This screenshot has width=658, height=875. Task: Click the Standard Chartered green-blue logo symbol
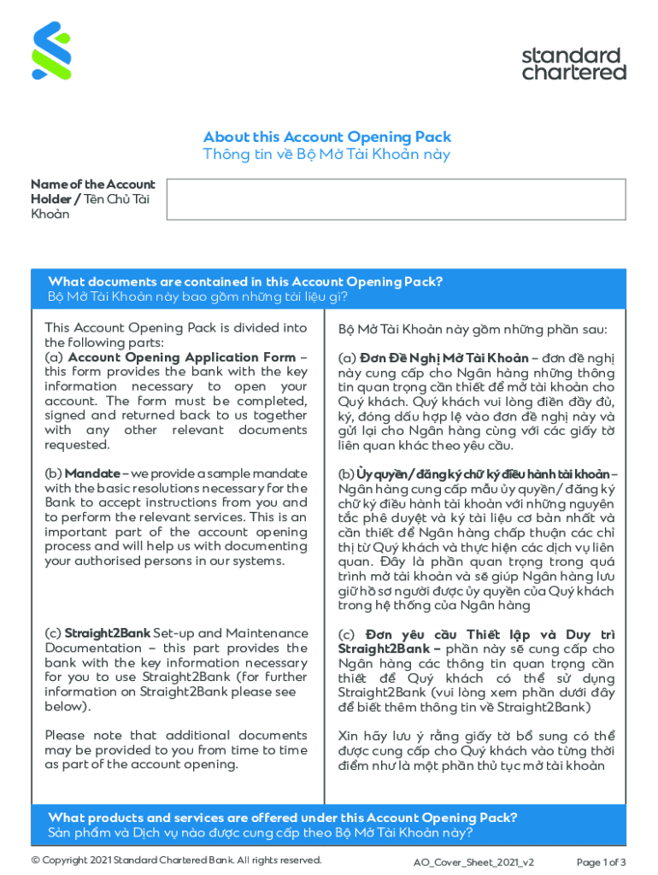(51, 51)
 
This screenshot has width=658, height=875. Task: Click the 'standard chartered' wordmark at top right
(573, 64)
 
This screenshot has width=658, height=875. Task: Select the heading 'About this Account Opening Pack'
(326, 137)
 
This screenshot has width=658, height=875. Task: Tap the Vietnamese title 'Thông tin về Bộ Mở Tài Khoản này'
(326, 155)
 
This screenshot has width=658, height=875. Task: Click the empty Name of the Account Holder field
(396, 199)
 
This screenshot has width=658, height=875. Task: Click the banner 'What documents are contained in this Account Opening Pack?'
(245, 282)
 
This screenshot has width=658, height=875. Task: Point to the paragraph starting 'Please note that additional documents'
(175, 750)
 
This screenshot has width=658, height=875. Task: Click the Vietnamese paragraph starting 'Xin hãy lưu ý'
(476, 750)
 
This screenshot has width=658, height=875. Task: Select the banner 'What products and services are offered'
(282, 818)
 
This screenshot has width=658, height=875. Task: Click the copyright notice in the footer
(176, 860)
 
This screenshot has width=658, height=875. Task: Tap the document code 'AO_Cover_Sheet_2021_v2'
(473, 861)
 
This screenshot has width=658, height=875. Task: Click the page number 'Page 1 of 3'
(602, 861)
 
